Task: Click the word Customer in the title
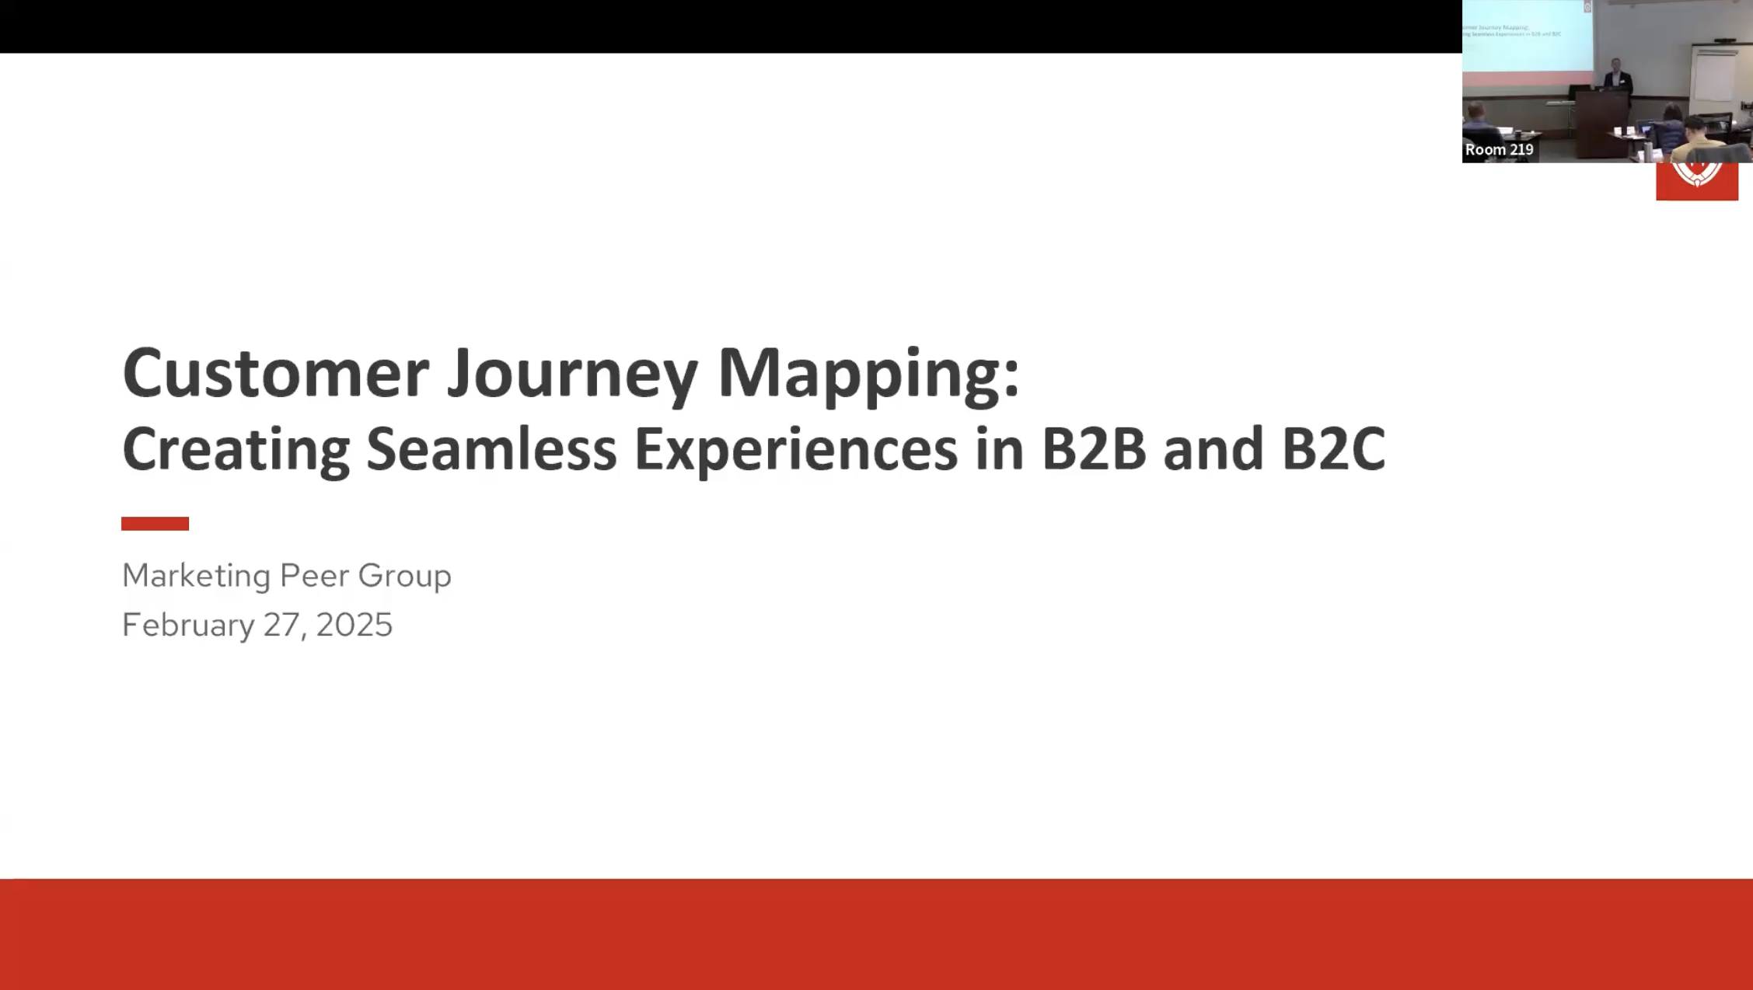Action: click(x=275, y=373)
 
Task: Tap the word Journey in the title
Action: click(x=572, y=375)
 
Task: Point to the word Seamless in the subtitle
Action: click(x=491, y=449)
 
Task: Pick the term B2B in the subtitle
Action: click(x=1093, y=449)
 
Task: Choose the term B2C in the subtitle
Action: click(x=1332, y=449)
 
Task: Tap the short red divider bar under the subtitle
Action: click(x=155, y=524)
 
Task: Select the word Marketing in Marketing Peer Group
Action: click(x=196, y=576)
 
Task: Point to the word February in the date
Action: click(x=187, y=626)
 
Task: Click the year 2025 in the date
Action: click(x=354, y=626)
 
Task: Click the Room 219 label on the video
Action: click(x=1499, y=149)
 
